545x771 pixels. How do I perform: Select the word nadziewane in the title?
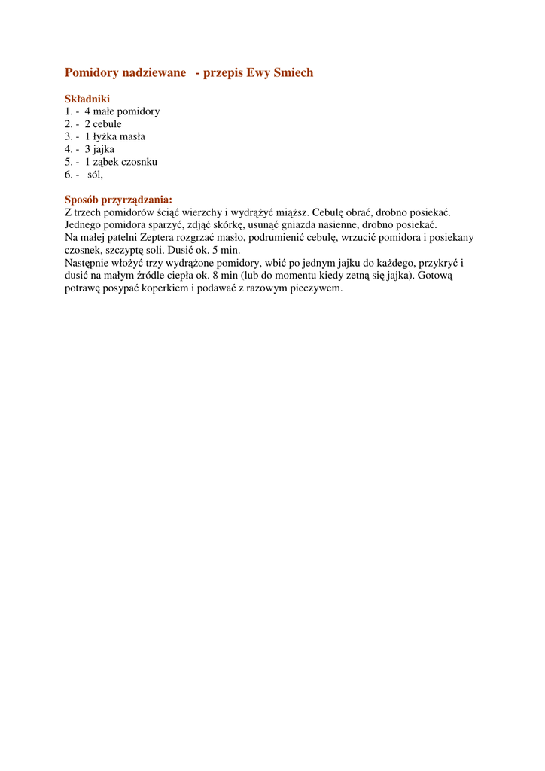pyautogui.click(x=154, y=73)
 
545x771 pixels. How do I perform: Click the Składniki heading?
pyautogui.click(x=87, y=99)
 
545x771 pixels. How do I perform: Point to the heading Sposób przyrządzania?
pyautogui.click(x=118, y=200)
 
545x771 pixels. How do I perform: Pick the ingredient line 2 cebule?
pyautogui.click(x=102, y=124)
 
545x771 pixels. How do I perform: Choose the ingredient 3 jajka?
pyautogui.click(x=99, y=149)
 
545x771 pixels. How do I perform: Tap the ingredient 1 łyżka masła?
pyautogui.click(x=114, y=137)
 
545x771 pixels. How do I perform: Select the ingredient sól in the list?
pyautogui.click(x=95, y=175)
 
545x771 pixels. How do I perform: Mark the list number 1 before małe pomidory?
pyautogui.click(x=68, y=111)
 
